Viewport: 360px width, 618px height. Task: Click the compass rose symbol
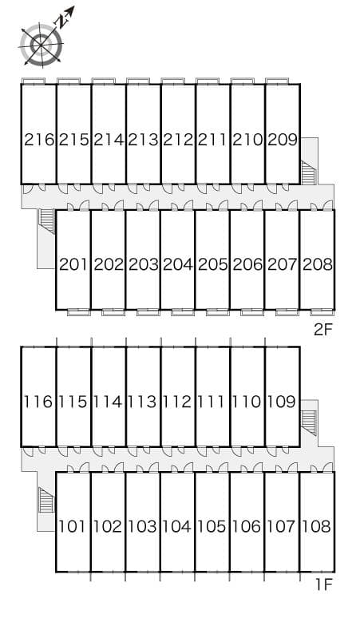(x=42, y=43)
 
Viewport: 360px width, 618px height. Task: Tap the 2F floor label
(x=323, y=330)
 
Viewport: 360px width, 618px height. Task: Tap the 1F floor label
(x=324, y=584)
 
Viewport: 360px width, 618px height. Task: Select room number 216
(x=39, y=140)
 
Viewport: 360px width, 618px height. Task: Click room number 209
(x=283, y=140)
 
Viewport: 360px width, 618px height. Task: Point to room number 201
(x=73, y=264)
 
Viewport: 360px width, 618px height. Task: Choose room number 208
(x=318, y=264)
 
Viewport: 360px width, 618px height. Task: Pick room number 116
(x=38, y=402)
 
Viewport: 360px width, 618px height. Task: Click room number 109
(x=282, y=402)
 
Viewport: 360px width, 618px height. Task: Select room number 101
(x=72, y=526)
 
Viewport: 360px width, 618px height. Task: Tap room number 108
(x=317, y=526)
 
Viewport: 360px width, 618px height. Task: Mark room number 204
(x=178, y=264)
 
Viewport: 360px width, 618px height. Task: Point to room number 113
(x=142, y=402)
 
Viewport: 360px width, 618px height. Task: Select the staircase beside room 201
(x=47, y=221)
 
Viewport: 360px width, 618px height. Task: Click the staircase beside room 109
(x=308, y=423)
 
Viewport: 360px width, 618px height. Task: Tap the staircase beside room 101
(x=46, y=500)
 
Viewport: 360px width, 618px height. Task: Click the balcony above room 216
(x=33, y=81)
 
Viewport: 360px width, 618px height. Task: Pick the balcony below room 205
(x=217, y=312)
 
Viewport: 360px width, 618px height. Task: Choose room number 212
(x=178, y=140)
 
